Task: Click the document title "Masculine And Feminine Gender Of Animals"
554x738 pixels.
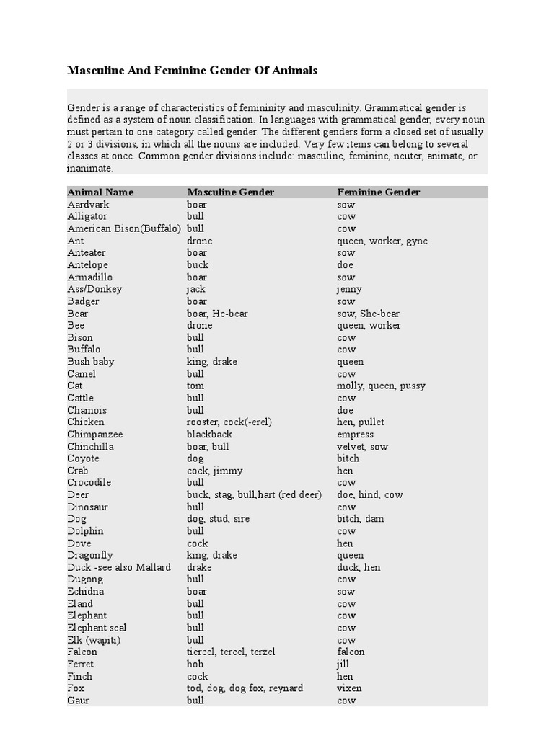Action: pos(192,71)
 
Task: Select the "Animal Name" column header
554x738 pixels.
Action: pos(100,192)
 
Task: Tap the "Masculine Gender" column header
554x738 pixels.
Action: pos(230,192)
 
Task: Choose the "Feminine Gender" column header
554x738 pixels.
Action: pos(378,192)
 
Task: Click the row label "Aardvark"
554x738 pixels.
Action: pos(88,205)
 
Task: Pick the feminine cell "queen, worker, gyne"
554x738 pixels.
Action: pos(382,241)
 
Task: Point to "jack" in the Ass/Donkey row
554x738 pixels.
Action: pos(196,289)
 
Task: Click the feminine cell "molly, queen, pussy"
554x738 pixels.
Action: pos(381,386)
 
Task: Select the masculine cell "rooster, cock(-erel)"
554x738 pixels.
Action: pos(229,422)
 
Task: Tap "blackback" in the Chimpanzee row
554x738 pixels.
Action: pos(209,435)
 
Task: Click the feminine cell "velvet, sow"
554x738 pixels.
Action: pos(362,446)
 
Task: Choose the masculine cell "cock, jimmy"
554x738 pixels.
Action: pos(214,471)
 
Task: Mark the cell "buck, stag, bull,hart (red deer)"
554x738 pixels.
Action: pos(254,494)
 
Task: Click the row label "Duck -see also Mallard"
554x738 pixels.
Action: pos(119,567)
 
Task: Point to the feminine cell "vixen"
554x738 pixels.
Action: pos(349,688)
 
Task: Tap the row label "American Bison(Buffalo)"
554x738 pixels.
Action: pos(123,228)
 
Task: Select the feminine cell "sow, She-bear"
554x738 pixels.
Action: pos(368,314)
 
